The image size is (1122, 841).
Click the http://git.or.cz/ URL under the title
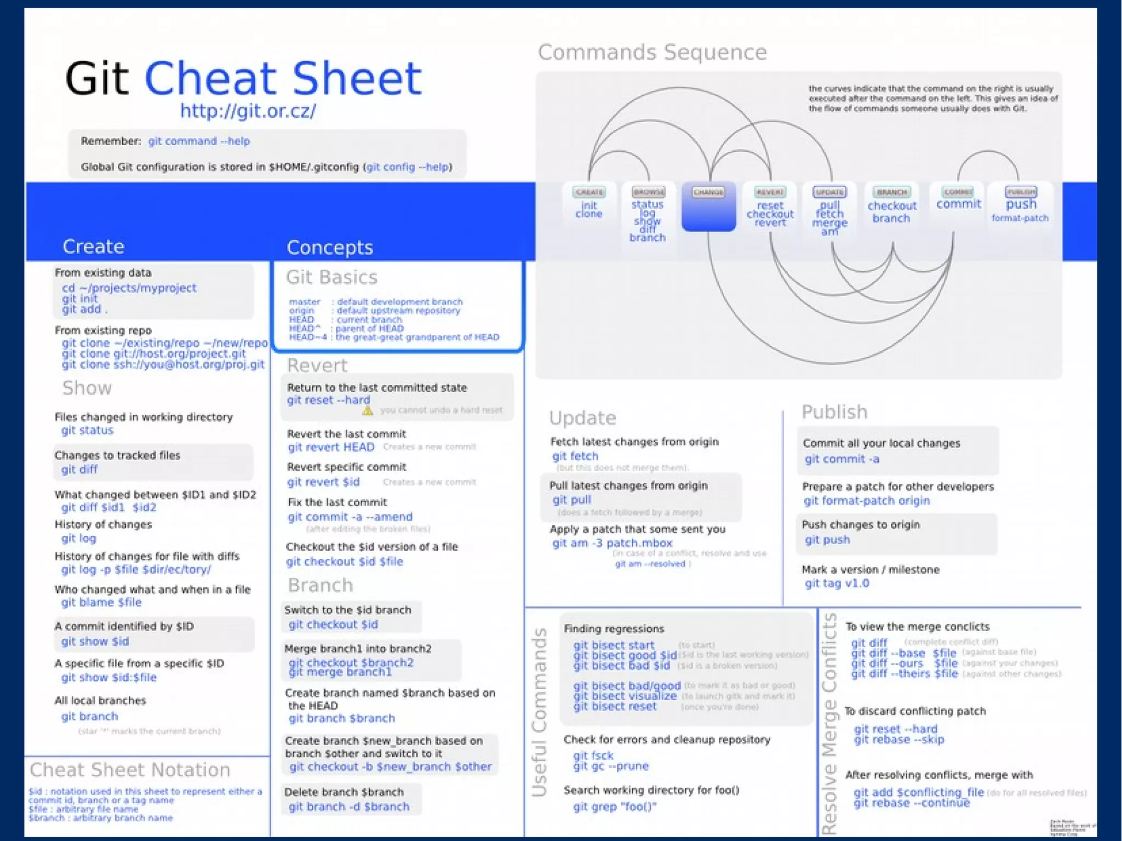(x=248, y=111)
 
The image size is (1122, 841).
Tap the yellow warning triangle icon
(x=368, y=410)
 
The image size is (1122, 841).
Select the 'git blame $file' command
(x=101, y=603)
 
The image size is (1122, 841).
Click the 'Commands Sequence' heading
(x=652, y=53)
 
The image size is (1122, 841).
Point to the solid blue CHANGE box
(x=708, y=207)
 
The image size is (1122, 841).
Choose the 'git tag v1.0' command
(x=837, y=583)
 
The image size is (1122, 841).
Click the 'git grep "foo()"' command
(x=614, y=806)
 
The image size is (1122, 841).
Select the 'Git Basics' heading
(x=331, y=277)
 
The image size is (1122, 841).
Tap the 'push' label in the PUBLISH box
(x=1021, y=204)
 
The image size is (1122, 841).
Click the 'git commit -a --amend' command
(x=350, y=517)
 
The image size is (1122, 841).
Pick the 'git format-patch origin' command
(x=867, y=501)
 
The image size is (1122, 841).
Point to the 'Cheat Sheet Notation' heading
(x=130, y=770)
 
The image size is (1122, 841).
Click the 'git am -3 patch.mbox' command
(x=612, y=543)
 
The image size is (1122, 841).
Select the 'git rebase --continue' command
(x=911, y=803)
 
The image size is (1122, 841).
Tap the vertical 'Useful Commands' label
(x=540, y=712)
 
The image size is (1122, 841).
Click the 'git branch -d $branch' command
(x=349, y=806)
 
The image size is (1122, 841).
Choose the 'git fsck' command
(x=593, y=756)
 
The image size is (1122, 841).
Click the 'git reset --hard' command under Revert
(x=328, y=401)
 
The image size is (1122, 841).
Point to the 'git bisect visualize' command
(x=625, y=696)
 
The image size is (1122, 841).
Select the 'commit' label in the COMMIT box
(x=958, y=204)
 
